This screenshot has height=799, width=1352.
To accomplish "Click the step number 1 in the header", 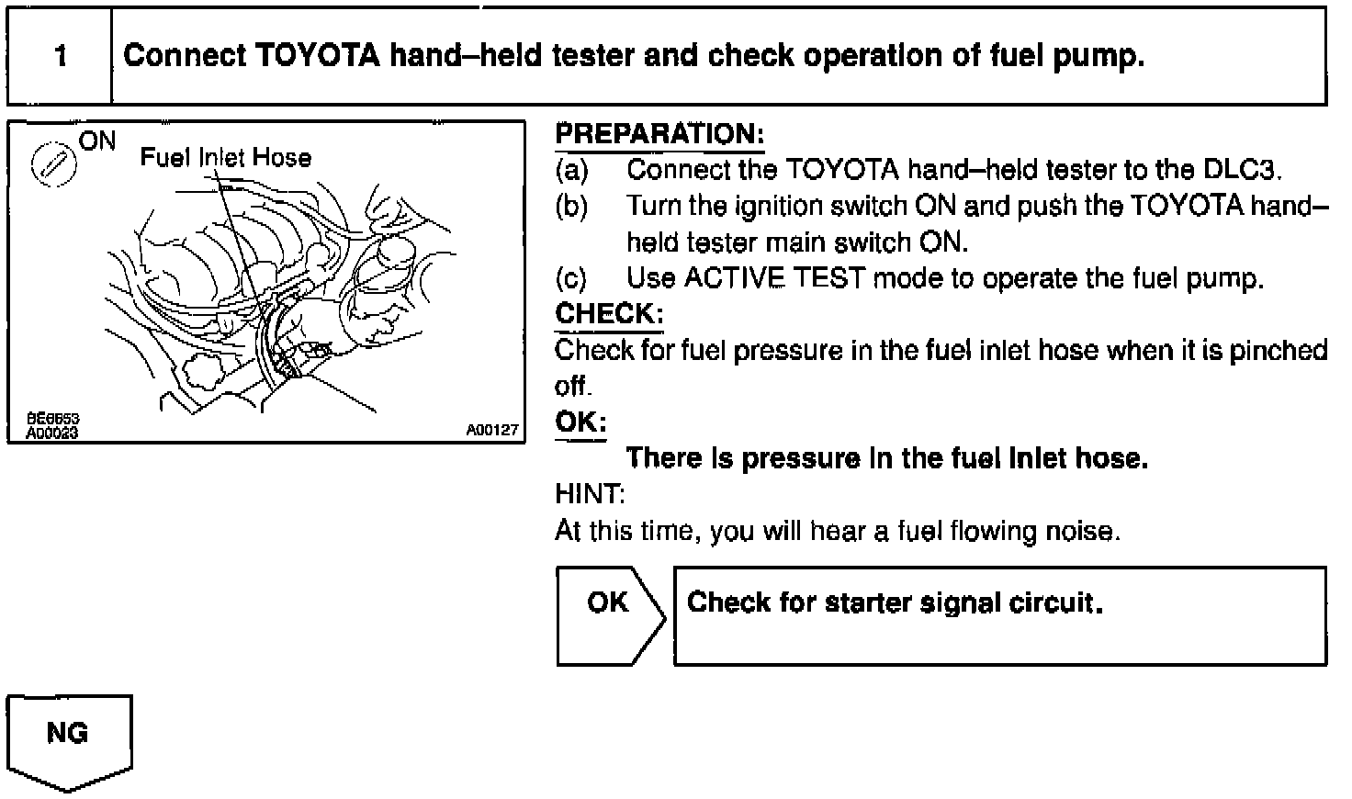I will (61, 57).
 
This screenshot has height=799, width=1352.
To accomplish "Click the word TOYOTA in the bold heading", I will (315, 57).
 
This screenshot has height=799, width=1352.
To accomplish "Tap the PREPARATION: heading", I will (659, 134).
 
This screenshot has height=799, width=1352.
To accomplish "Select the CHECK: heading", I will (609, 314).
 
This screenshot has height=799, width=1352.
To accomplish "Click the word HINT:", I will (590, 495).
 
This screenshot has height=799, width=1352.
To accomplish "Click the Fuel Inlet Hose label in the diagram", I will (225, 158).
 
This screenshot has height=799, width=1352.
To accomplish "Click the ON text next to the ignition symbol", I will (97, 141).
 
